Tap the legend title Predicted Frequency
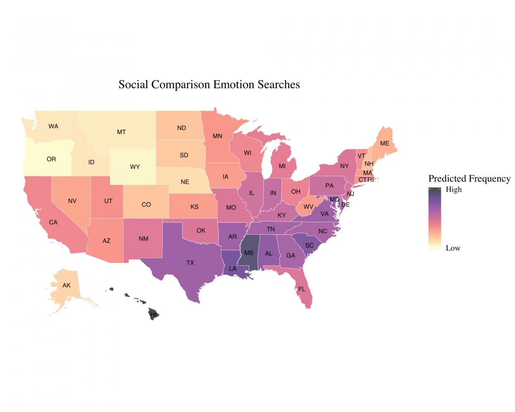pyautogui.click(x=469, y=178)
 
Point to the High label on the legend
pyautogui.click(x=453, y=190)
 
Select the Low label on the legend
pyautogui.click(x=453, y=248)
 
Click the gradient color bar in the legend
pyautogui.click(x=435, y=218)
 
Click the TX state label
pyautogui.click(x=190, y=263)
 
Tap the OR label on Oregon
pyautogui.click(x=51, y=159)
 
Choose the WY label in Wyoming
pyautogui.click(x=135, y=167)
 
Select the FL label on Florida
pyautogui.click(x=302, y=289)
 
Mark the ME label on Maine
pyautogui.click(x=384, y=143)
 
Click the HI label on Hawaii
pyautogui.click(x=153, y=314)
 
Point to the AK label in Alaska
pyautogui.click(x=67, y=285)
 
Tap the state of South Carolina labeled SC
pyautogui.click(x=309, y=245)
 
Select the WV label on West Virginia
pyautogui.click(x=308, y=207)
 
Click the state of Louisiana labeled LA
pyautogui.click(x=232, y=269)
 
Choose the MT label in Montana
pyautogui.click(x=121, y=132)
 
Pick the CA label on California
pyautogui.click(x=53, y=222)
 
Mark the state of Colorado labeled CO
pyautogui.click(x=146, y=205)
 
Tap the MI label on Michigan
pyautogui.click(x=282, y=166)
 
